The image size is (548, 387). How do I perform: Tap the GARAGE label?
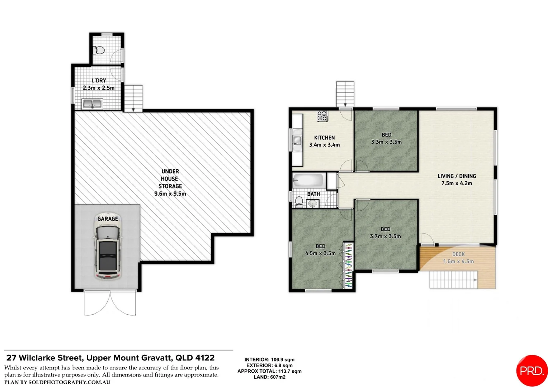point(108,219)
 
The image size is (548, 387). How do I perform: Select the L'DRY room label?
point(99,80)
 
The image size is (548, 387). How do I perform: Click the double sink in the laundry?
point(92,104)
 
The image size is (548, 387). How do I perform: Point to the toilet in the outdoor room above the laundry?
point(99,50)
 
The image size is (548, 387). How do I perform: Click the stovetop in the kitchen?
point(322,116)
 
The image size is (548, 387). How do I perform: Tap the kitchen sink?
point(297,140)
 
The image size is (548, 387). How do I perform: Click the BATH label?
point(313,194)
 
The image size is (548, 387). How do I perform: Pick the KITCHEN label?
point(325,138)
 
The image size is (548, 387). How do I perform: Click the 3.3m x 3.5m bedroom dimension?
point(386,142)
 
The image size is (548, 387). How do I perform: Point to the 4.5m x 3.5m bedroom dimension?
point(320,253)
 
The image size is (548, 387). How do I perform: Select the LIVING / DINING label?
point(457,176)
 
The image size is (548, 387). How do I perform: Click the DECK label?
point(458,254)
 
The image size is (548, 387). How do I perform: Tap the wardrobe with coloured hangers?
point(348,266)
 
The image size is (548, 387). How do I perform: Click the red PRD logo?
point(532,371)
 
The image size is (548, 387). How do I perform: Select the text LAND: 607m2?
point(269,377)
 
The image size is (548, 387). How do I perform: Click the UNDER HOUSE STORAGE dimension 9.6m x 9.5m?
point(170,193)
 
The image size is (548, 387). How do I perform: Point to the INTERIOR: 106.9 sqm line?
point(269,360)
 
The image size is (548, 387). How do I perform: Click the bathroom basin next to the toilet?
point(313,204)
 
